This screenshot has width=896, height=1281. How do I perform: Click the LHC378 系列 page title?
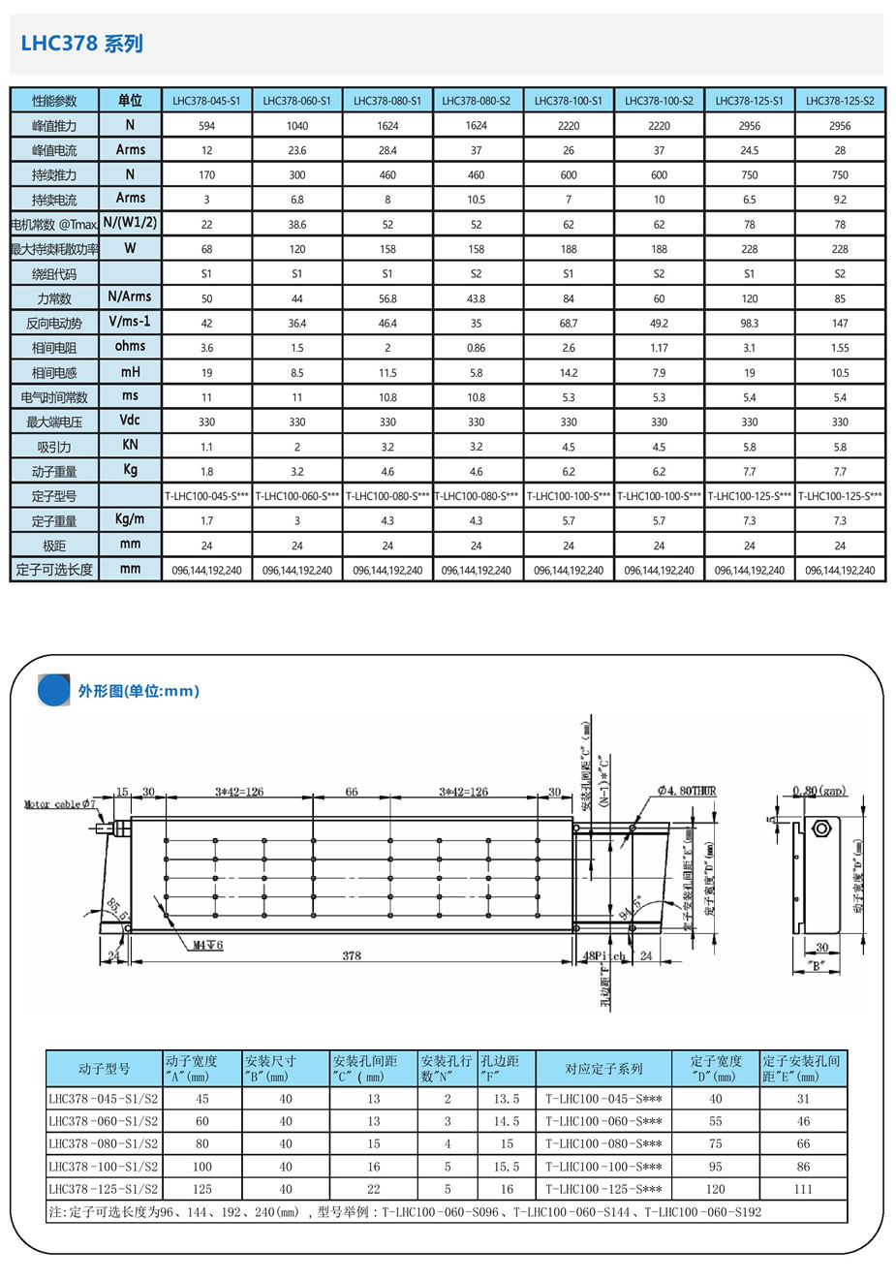82,44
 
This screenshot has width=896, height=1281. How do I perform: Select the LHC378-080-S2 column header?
476,101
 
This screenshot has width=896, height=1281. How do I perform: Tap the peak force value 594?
206,126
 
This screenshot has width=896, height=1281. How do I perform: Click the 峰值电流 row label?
54,151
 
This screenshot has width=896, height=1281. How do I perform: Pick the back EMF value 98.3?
749,324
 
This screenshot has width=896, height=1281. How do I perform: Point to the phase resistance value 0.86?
476,348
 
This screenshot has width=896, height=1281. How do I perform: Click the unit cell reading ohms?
130,346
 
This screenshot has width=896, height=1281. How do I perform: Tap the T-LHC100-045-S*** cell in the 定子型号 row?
206,496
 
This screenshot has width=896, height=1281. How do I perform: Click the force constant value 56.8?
387,299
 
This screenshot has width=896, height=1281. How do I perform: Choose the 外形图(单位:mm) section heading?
139,691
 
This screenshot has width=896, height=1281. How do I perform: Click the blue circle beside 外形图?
54,691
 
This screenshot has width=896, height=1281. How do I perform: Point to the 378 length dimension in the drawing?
352,955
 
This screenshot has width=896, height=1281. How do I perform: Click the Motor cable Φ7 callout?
60,804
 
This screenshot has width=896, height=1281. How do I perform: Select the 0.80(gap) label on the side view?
819,792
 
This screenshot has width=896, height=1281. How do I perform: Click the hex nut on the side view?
822,829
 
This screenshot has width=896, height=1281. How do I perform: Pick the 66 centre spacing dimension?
352,792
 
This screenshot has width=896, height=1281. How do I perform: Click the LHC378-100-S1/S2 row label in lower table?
104,1167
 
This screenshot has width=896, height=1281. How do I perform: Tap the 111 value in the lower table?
803,1189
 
